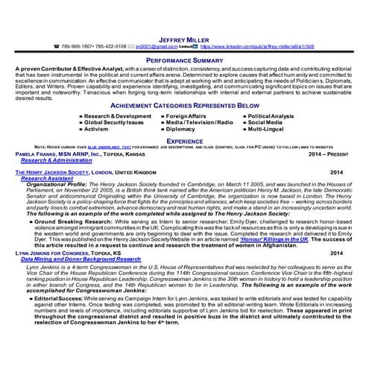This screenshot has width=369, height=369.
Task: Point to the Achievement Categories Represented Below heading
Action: point(184,107)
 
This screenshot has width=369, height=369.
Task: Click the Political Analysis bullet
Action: point(271,116)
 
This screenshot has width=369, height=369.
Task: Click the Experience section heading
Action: point(184,139)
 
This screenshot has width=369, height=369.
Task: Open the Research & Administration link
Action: point(57,160)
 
